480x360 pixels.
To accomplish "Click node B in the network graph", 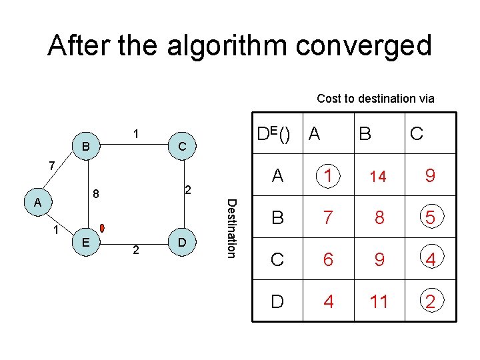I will [x=85, y=145].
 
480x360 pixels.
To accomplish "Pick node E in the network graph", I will [x=86, y=242].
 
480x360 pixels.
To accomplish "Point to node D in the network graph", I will [x=182, y=242].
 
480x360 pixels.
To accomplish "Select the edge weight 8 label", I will [x=96, y=195].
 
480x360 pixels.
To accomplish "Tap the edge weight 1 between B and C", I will [x=136, y=133].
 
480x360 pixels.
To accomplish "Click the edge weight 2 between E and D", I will [x=135, y=251].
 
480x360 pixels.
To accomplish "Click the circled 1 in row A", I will [x=327, y=175].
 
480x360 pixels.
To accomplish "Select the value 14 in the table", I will [x=378, y=177].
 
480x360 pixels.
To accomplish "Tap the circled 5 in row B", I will [x=431, y=217].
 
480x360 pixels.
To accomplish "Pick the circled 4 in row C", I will [x=431, y=259].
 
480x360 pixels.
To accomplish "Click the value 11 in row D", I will [x=379, y=302].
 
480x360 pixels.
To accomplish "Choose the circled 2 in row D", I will [x=431, y=302].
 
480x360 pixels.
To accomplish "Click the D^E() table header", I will [x=273, y=134].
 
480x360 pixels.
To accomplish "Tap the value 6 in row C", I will [x=327, y=259].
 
